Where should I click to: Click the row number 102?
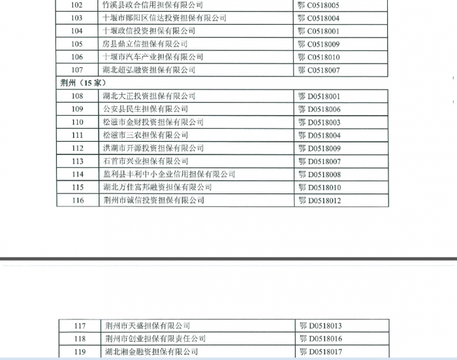click(77, 5)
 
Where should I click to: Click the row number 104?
click(77, 31)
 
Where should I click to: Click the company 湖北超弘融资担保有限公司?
click(149, 70)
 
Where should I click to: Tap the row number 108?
click(78, 96)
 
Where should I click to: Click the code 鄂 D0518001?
click(319, 96)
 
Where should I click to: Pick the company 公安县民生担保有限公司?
click(145, 109)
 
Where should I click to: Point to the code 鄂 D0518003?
click(319, 122)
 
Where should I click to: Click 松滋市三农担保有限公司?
click(145, 135)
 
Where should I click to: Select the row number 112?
click(78, 148)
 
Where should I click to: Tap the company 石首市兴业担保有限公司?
click(145, 161)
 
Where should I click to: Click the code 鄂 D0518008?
click(319, 174)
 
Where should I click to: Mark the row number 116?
click(78, 201)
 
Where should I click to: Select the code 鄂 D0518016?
click(321, 338)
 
